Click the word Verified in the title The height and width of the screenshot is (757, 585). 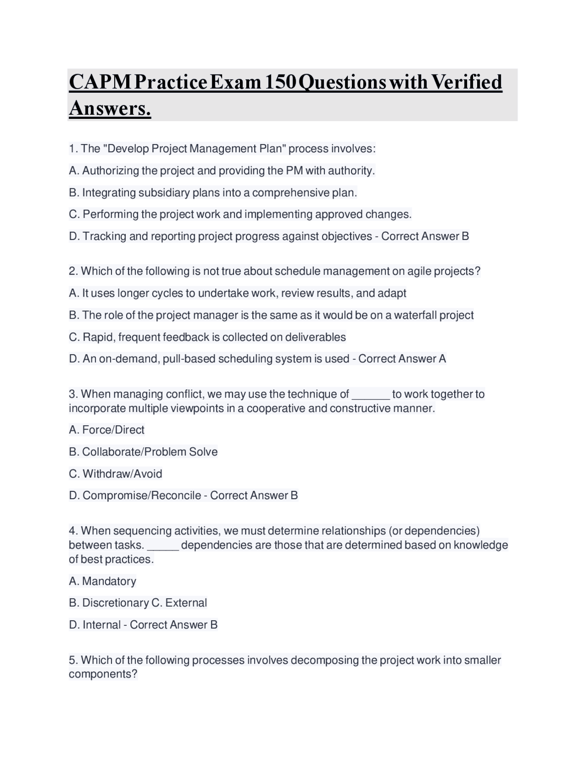pyautogui.click(x=466, y=82)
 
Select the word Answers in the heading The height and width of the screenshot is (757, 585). pyautogui.click(x=110, y=108)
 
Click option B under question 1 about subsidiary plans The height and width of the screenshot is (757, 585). pyautogui.click(x=213, y=192)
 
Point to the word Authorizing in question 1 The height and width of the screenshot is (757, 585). pyautogui.click(x=111, y=171)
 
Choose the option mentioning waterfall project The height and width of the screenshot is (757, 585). pyautogui.click(x=271, y=315)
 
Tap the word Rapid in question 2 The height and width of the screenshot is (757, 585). pyautogui.click(x=98, y=337)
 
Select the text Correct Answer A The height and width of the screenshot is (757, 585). pyautogui.click(x=402, y=359)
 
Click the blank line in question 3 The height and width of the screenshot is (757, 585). pyautogui.click(x=371, y=394)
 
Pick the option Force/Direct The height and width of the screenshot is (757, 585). pyautogui.click(x=106, y=430)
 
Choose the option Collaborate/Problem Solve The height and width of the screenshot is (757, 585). pyautogui.click(x=143, y=452)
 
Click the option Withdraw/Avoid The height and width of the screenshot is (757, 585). pyautogui.click(x=116, y=474)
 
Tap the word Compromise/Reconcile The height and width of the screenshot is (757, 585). pyautogui.click(x=142, y=496)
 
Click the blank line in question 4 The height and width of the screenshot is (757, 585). pyautogui.click(x=163, y=545)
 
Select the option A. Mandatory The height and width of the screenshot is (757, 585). pyautogui.click(x=102, y=581)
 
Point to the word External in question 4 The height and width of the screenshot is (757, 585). pyautogui.click(x=186, y=603)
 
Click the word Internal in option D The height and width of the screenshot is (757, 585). pyautogui.click(x=101, y=625)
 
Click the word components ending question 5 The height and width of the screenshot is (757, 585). pyautogui.click(x=102, y=674)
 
